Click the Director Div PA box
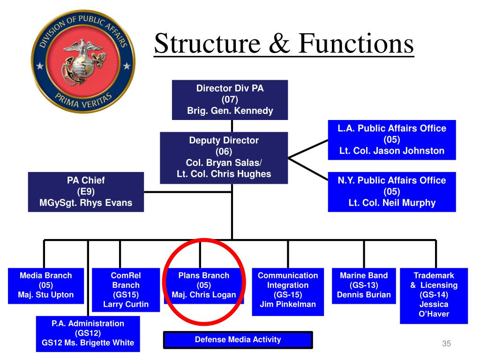tap(230, 99)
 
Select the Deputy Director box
tap(224, 157)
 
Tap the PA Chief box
tap(86, 192)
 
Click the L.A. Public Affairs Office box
tap(391, 140)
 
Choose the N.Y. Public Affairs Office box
tap(391, 191)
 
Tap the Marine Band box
tap(364, 285)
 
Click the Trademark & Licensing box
tap(434, 295)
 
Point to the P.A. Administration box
tap(88, 333)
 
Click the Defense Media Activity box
tap(238, 340)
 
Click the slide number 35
tap(446, 345)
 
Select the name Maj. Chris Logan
tap(204, 295)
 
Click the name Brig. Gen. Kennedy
tap(230, 111)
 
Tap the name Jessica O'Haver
tap(434, 309)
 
